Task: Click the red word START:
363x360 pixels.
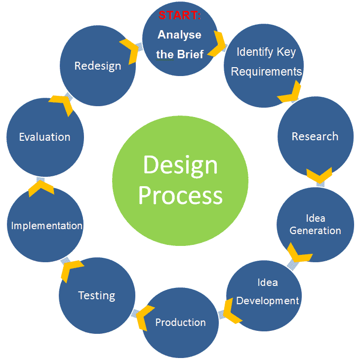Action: click(180, 15)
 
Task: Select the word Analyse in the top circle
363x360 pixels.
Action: click(179, 35)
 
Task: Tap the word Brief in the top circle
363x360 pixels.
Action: click(191, 54)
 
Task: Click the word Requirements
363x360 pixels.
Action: click(266, 72)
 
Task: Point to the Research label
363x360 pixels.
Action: click(315, 136)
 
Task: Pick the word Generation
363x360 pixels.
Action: click(315, 231)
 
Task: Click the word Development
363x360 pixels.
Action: click(268, 301)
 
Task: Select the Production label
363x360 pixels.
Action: click(181, 322)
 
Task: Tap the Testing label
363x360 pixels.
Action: click(97, 296)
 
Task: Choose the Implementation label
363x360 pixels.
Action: click(47, 226)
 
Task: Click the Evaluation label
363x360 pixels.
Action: click(44, 137)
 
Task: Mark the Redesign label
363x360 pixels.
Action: click(98, 66)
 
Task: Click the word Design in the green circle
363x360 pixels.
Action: click(180, 165)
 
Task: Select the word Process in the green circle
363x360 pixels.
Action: click(180, 196)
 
